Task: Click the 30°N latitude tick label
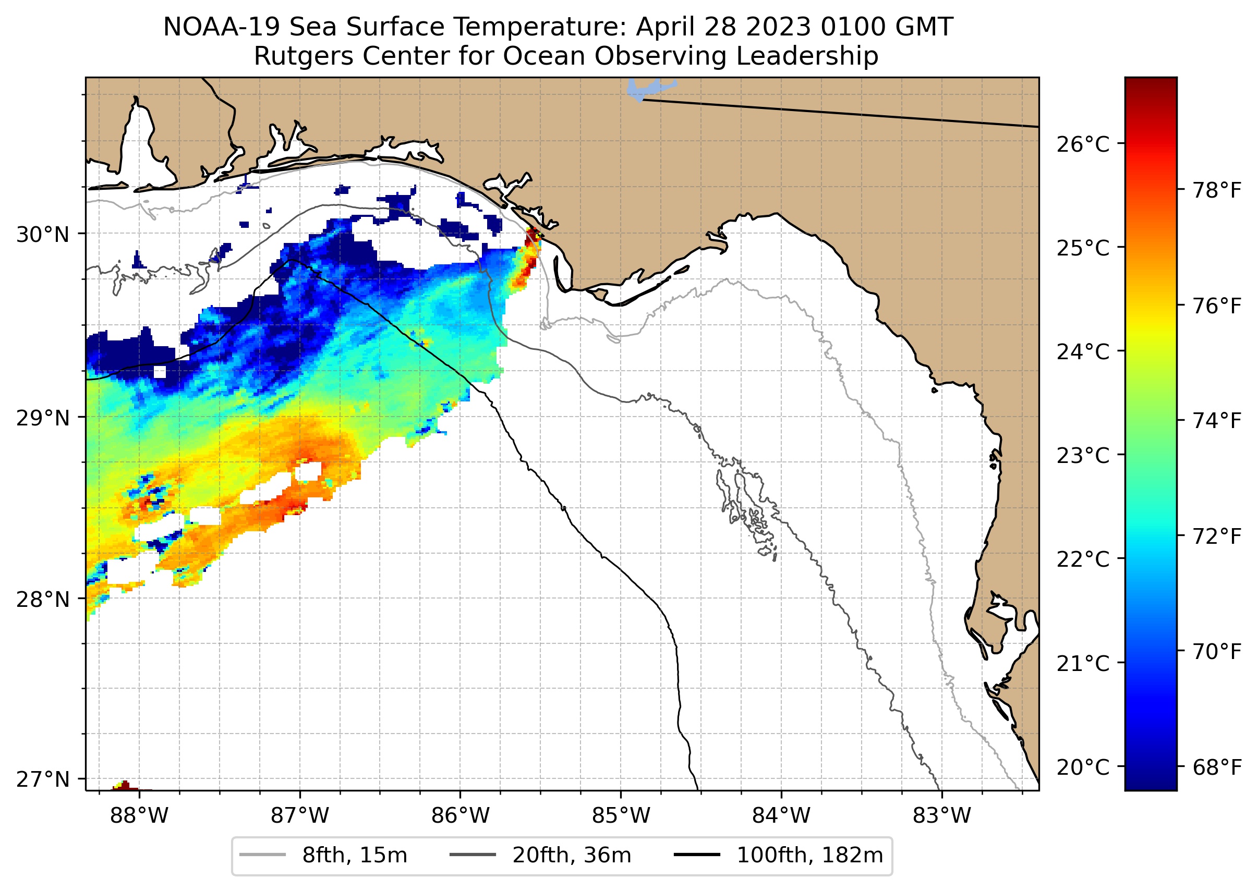point(43,235)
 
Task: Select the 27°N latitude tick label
point(43,779)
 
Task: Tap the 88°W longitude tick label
point(139,816)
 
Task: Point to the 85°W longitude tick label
point(621,816)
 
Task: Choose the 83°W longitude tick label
point(942,816)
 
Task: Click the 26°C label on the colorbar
point(1082,145)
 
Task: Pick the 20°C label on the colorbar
point(1082,767)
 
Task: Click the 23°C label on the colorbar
point(1082,456)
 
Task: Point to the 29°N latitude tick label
point(43,419)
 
